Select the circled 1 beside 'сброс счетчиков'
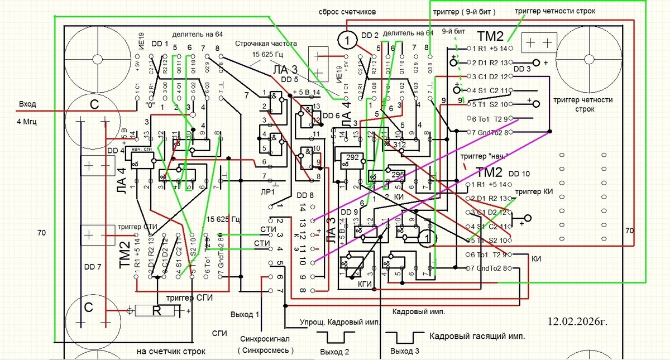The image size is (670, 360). (x=347, y=40)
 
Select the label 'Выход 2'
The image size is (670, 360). (x=335, y=352)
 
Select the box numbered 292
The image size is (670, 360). (x=352, y=157)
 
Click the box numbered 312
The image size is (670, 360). (x=399, y=144)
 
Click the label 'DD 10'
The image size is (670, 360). (x=519, y=174)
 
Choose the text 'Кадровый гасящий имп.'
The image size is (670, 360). (x=477, y=337)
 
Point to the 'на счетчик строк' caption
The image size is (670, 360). (x=171, y=352)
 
